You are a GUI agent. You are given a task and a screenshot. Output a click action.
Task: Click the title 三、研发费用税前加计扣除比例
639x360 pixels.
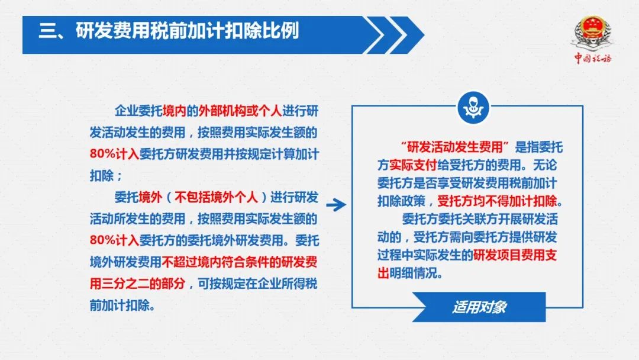pos(169,31)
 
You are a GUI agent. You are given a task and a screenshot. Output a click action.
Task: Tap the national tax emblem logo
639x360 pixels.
pos(593,33)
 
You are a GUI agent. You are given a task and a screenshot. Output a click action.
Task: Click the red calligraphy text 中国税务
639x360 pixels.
pos(593,58)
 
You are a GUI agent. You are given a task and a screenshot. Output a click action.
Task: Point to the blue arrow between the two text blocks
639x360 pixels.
pos(336,205)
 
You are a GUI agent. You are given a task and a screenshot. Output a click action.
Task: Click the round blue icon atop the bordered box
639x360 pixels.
pos(473,108)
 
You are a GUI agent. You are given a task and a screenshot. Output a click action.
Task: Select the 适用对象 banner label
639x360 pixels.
pos(479,307)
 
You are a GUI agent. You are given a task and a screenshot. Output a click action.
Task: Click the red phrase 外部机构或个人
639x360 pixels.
pos(240,111)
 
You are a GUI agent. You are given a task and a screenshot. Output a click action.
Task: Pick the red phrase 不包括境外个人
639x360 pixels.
pos(216,197)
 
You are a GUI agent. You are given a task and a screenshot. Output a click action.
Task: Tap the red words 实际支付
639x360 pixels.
pos(413,165)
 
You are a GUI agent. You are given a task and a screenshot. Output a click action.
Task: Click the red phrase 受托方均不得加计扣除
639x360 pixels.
pos(497,201)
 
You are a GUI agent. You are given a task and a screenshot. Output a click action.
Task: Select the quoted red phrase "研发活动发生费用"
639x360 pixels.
pos(455,147)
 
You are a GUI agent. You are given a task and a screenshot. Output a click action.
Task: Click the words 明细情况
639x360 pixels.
pos(413,273)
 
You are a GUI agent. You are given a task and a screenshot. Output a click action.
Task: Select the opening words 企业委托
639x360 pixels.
pos(138,111)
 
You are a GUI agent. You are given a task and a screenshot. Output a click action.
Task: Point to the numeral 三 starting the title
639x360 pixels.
pos(47,31)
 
